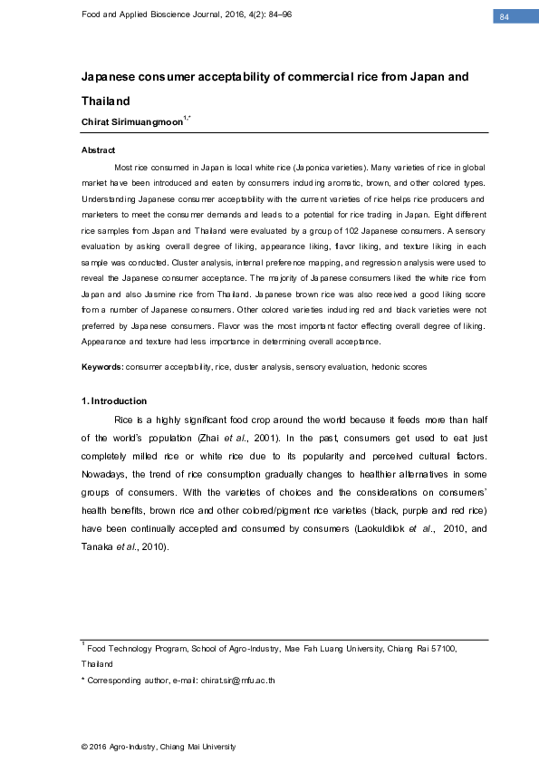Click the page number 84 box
point(505,17)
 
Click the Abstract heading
point(98,150)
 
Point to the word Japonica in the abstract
point(311,168)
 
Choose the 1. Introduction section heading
point(114,401)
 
